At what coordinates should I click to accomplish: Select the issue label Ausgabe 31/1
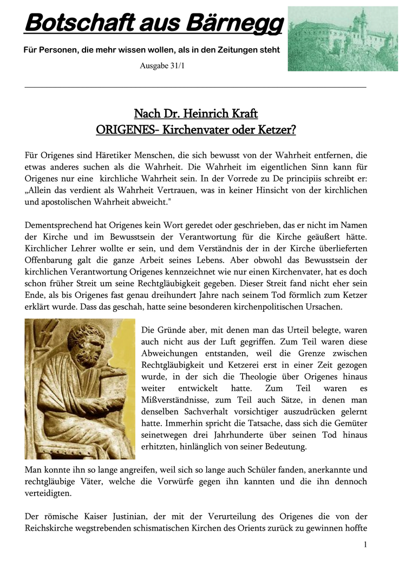coord(165,66)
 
